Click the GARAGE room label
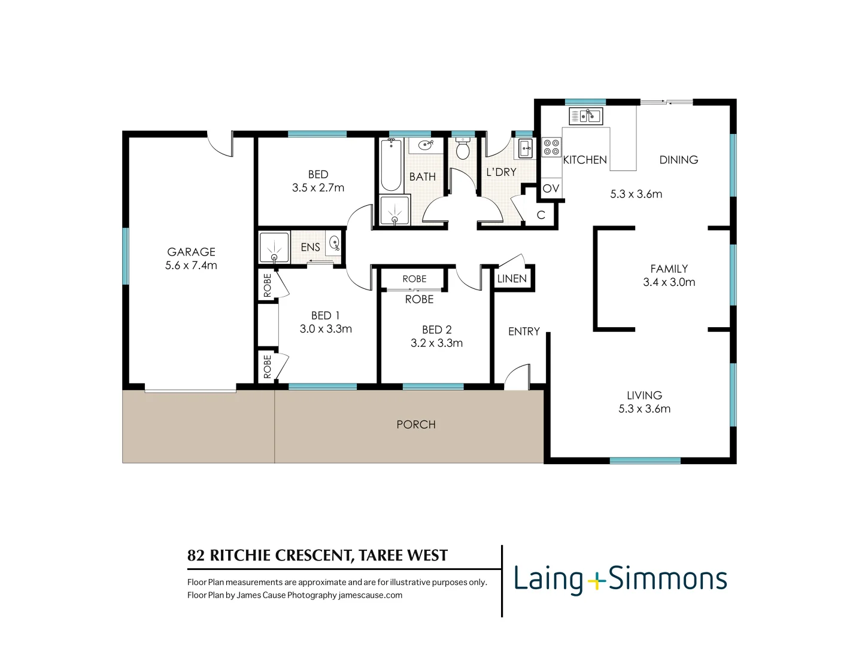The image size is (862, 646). (191, 252)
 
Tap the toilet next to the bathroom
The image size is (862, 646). (463, 148)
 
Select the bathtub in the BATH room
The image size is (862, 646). (391, 165)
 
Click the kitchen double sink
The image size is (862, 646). (585, 116)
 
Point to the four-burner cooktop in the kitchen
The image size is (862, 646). (551, 147)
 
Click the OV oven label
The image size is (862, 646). (551, 188)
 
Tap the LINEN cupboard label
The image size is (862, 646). (512, 279)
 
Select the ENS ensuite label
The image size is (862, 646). (310, 247)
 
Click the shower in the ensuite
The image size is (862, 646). (274, 248)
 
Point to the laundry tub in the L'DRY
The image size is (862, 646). (525, 148)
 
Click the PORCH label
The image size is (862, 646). (416, 425)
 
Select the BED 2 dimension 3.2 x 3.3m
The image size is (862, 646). (437, 343)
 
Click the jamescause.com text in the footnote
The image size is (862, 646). (371, 595)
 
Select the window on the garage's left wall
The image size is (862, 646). (126, 256)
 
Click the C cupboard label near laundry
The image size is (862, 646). (541, 215)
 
